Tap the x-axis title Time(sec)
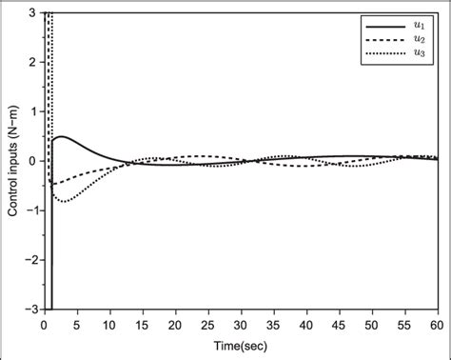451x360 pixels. tap(241, 344)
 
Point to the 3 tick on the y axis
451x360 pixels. tap(33, 12)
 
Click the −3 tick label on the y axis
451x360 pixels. tap(30, 309)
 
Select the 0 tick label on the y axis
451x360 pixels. tap(33, 161)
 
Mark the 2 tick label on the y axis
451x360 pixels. tap(33, 62)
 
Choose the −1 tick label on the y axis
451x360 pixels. tap(30, 210)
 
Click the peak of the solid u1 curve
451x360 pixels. tap(60, 137)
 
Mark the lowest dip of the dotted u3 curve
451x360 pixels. tap(64, 201)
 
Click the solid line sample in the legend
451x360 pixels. tap(383, 21)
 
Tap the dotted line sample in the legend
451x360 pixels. tap(383, 56)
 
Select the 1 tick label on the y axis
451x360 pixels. tap(33, 111)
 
